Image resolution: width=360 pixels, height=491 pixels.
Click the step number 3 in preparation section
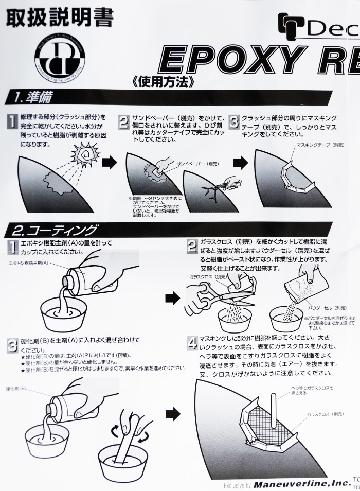[234, 122]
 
